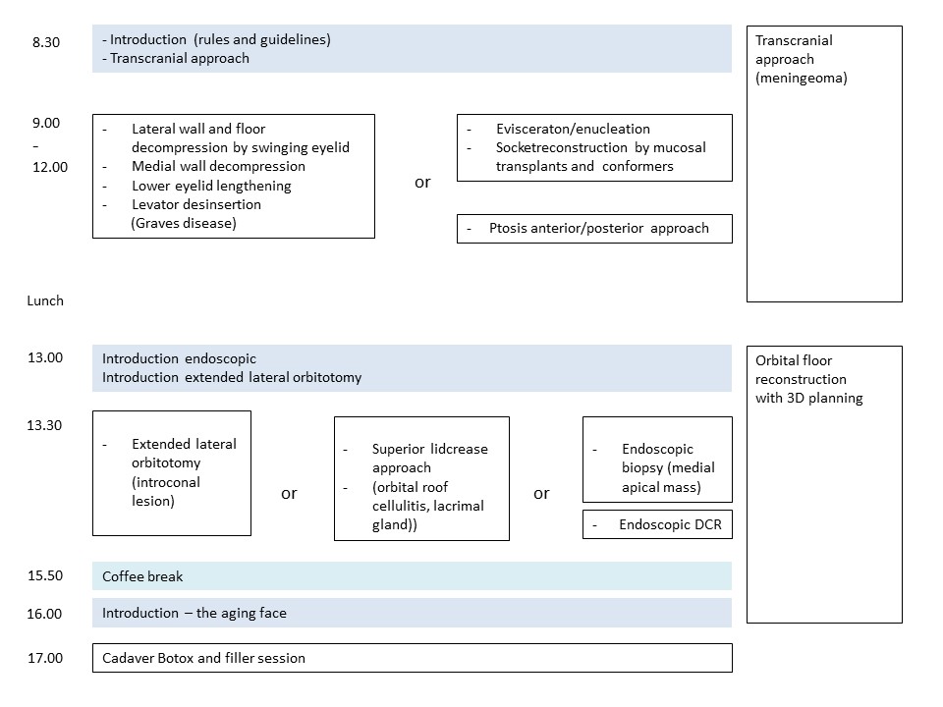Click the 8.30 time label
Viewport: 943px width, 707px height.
[x=46, y=42]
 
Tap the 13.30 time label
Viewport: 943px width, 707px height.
[x=44, y=425]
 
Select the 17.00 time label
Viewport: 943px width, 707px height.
[x=45, y=658]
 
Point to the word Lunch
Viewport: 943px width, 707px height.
[x=45, y=300]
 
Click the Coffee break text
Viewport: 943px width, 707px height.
[x=142, y=576]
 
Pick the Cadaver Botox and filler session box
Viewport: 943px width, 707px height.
[x=413, y=658]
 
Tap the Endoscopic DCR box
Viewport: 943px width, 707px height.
[x=657, y=524]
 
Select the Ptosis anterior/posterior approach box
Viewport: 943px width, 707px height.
[x=595, y=229]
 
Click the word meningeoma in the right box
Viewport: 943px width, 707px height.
[x=802, y=79]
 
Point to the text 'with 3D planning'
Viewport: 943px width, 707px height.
[x=808, y=398]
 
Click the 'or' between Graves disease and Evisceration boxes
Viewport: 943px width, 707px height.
[x=422, y=183]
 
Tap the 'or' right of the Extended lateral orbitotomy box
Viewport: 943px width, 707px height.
[x=289, y=494]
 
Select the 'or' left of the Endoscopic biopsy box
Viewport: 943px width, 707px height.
[x=541, y=494]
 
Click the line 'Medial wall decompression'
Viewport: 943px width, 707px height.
[x=218, y=166]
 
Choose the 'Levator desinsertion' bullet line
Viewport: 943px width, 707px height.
[x=196, y=204]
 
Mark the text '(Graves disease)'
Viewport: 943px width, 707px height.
[x=184, y=223]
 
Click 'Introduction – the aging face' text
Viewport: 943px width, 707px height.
[x=194, y=613]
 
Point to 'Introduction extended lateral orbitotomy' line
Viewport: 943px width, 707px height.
[x=232, y=377]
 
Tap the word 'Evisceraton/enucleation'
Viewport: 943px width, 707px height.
[x=573, y=129]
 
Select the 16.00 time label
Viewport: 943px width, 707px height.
[x=44, y=613]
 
